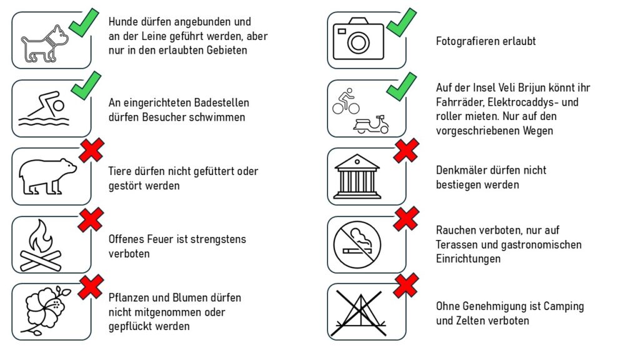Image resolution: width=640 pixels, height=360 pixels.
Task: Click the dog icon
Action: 45,44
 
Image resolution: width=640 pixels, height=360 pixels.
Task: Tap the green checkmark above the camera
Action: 401,22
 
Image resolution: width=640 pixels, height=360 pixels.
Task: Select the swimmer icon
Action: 44,109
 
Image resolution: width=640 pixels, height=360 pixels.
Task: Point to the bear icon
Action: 47,176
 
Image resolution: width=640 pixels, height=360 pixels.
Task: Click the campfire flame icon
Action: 41,245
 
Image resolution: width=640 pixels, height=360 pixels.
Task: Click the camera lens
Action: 358,43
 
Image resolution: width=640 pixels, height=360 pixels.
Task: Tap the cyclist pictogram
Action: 346,101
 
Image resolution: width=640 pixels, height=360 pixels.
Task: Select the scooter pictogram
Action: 371,124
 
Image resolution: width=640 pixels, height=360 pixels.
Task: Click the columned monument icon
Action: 357,176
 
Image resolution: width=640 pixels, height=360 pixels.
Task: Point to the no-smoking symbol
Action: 357,245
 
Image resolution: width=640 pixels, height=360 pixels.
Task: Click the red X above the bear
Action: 92,151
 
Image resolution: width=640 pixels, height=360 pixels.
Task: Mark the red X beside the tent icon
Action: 406,285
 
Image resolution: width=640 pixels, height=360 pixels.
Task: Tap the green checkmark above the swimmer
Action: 86,85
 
